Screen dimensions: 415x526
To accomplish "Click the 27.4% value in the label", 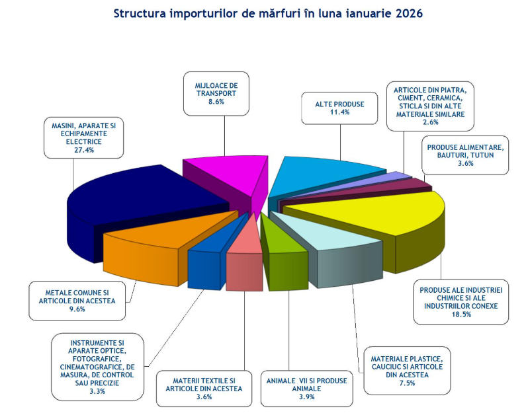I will click(83, 150).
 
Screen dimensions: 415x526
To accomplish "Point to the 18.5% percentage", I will click(462, 314).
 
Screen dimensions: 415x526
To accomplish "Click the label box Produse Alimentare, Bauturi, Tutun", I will click(465, 155).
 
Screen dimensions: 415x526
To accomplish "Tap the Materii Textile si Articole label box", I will click(204, 389).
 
